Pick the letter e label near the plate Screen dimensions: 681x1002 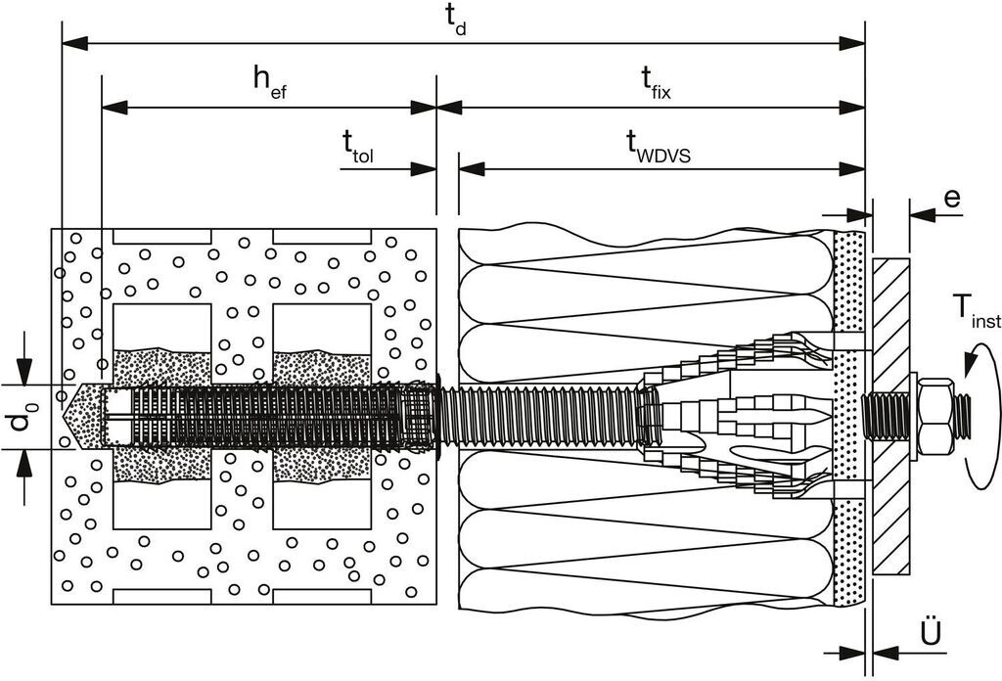[951, 199]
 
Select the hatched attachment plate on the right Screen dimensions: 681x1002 [890, 416]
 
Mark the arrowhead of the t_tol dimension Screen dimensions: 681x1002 [425, 168]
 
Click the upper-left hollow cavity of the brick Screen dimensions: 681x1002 [162, 326]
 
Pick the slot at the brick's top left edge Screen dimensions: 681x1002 [162, 236]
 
